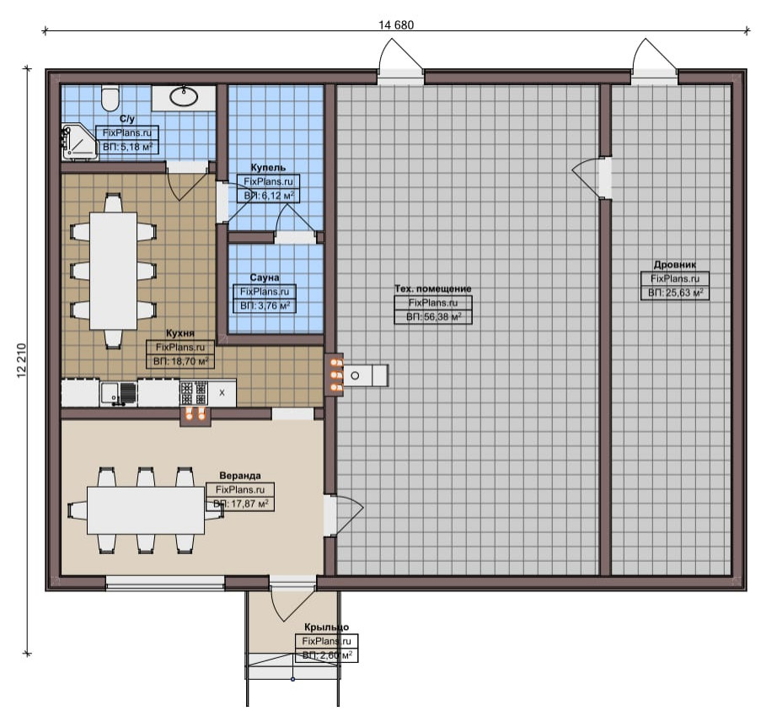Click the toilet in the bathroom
coord(110,98)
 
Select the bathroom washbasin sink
coord(184,97)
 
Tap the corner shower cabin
coord(79,142)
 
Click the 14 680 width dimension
coord(396,25)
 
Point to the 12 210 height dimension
coord(21,361)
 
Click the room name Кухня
coord(180,333)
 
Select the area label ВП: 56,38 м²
coord(433,317)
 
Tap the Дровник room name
coord(675,265)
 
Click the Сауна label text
coord(265,277)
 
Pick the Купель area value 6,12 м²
coord(278,196)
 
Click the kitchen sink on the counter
coord(119,394)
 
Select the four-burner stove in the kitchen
coord(194,393)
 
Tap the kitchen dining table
coord(113,271)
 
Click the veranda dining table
coord(146,510)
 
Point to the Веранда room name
coord(240,476)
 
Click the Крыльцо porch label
coord(326,628)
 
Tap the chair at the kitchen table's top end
coord(113,202)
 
